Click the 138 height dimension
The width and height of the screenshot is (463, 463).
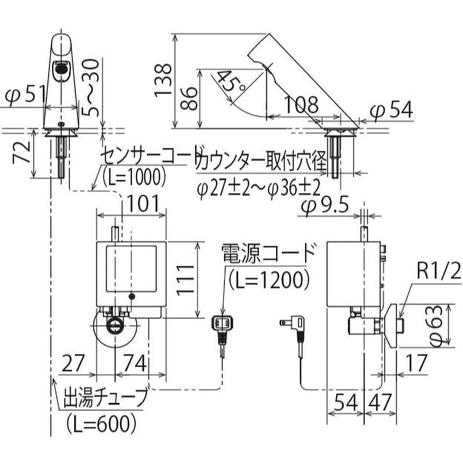point(164,79)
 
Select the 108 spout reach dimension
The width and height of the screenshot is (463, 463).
point(301,105)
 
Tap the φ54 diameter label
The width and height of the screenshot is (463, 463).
point(391,109)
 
